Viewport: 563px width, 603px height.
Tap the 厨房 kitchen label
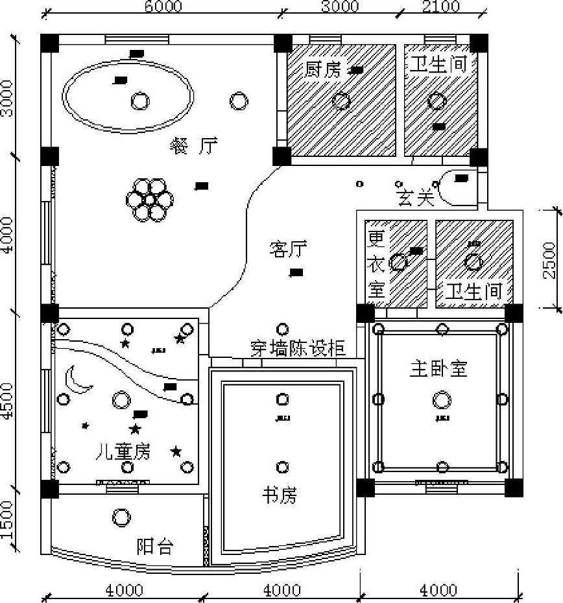(x=322, y=69)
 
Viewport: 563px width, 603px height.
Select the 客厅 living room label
(x=288, y=248)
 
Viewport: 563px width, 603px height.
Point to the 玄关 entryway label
(x=415, y=198)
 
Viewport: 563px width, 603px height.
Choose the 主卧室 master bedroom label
(x=438, y=369)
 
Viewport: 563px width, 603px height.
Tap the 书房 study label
(x=279, y=496)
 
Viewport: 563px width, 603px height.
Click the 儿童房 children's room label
(x=123, y=451)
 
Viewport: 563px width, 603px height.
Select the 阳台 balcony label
(x=155, y=547)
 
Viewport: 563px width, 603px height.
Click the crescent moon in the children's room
(x=79, y=379)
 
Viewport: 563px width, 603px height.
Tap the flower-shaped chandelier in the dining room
(x=150, y=198)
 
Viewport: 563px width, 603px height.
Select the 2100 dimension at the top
(x=441, y=6)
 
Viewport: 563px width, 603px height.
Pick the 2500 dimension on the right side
(x=549, y=259)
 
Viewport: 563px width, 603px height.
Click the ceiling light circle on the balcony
(x=121, y=517)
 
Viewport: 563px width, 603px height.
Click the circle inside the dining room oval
(x=139, y=100)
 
